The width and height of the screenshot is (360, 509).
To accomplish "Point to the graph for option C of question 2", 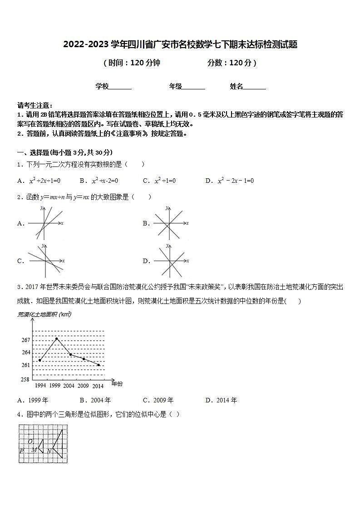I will (x=46, y=260).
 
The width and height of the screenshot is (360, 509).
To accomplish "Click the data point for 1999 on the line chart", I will (x=56, y=338).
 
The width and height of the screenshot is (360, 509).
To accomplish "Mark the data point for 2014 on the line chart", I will (x=99, y=365).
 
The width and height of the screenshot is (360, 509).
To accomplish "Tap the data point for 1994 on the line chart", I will (x=40, y=360).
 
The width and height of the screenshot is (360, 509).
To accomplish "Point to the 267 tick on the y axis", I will (x=25, y=340).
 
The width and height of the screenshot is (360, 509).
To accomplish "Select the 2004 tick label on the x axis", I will (x=69, y=386).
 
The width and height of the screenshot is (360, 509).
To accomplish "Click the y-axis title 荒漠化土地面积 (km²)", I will (x=44, y=314).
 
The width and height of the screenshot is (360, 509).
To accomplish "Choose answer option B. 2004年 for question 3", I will (x=95, y=400).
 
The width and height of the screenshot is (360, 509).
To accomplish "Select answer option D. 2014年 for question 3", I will (x=221, y=400).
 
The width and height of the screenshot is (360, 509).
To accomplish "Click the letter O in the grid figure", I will (x=30, y=441).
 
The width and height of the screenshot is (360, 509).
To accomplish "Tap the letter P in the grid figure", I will (x=21, y=450).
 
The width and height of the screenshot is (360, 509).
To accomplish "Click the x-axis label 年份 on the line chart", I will (x=117, y=384).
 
